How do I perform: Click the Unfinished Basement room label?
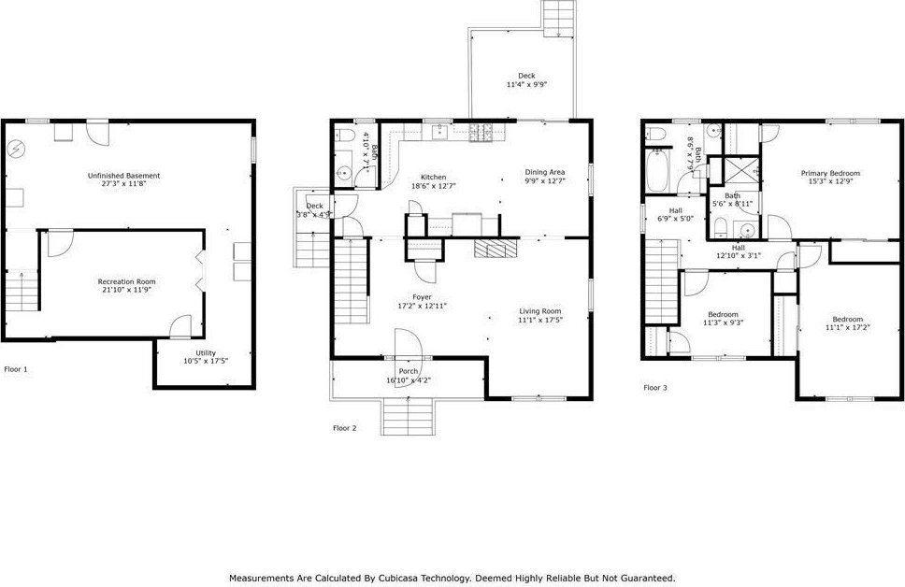(123, 176)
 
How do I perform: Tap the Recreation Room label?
(126, 281)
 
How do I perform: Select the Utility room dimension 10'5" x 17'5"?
(206, 362)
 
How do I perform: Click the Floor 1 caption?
(16, 369)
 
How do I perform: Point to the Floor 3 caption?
(655, 387)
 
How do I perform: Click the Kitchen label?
(433, 178)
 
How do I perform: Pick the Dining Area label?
(544, 172)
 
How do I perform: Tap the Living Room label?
(540, 311)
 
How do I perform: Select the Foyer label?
(422, 297)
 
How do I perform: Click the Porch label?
(408, 371)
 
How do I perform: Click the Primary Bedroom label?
(830, 173)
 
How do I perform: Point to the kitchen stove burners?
(481, 133)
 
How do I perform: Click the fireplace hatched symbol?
(496, 249)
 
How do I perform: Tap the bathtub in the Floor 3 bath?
(657, 171)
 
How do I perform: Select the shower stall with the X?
(741, 170)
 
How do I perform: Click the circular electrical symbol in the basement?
(16, 149)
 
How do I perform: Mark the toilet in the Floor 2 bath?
(345, 136)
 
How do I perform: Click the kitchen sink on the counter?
(441, 132)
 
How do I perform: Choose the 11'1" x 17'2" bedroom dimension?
(847, 327)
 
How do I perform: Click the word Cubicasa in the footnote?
(397, 578)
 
